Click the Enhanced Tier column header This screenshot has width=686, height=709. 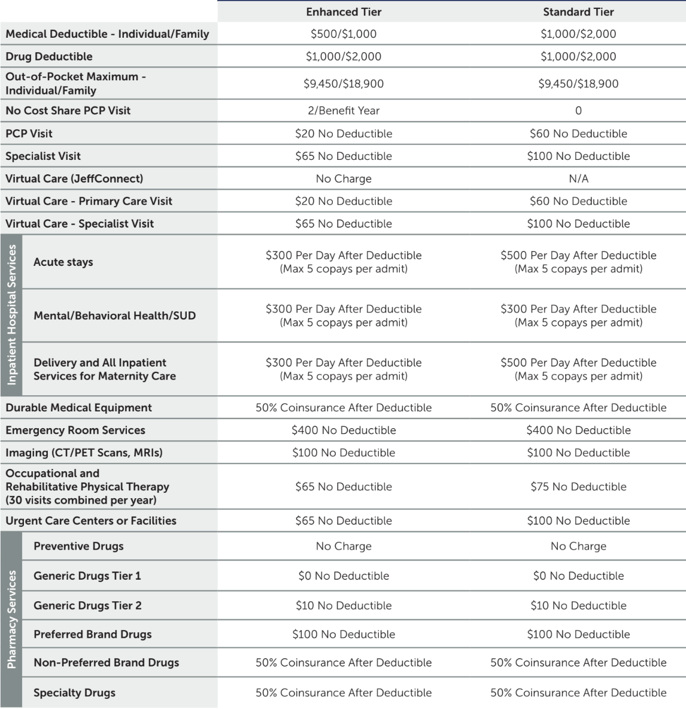pos(344,12)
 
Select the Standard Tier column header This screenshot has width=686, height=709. pos(578,12)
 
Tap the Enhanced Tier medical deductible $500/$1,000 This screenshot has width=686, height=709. pos(344,34)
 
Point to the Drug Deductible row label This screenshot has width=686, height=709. pos(49,57)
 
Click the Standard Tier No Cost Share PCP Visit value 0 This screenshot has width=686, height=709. pos(578,111)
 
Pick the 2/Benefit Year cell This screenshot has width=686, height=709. pos(344,111)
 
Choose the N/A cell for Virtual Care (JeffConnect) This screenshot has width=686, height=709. pos(578,179)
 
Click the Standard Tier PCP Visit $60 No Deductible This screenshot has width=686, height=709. pos(578,134)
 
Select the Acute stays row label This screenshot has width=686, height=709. pos(63,262)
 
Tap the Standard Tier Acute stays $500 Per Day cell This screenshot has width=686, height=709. pos(578,262)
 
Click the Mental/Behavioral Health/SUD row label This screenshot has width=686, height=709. pos(114,316)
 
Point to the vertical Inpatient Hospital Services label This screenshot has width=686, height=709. pos(11,315)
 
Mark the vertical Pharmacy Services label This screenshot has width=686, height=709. pos(11,619)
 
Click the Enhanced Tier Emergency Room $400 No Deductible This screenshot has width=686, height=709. pos(344,431)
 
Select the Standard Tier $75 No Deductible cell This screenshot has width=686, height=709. pos(578,487)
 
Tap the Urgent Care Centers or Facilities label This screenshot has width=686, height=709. pos(91,521)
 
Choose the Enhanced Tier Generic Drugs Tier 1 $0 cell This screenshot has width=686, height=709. pos(344,576)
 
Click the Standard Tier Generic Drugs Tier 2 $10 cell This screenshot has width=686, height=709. pos(578,606)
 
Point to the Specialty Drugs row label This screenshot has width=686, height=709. pos(74,693)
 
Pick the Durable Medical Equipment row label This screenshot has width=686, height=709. pos(79,408)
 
